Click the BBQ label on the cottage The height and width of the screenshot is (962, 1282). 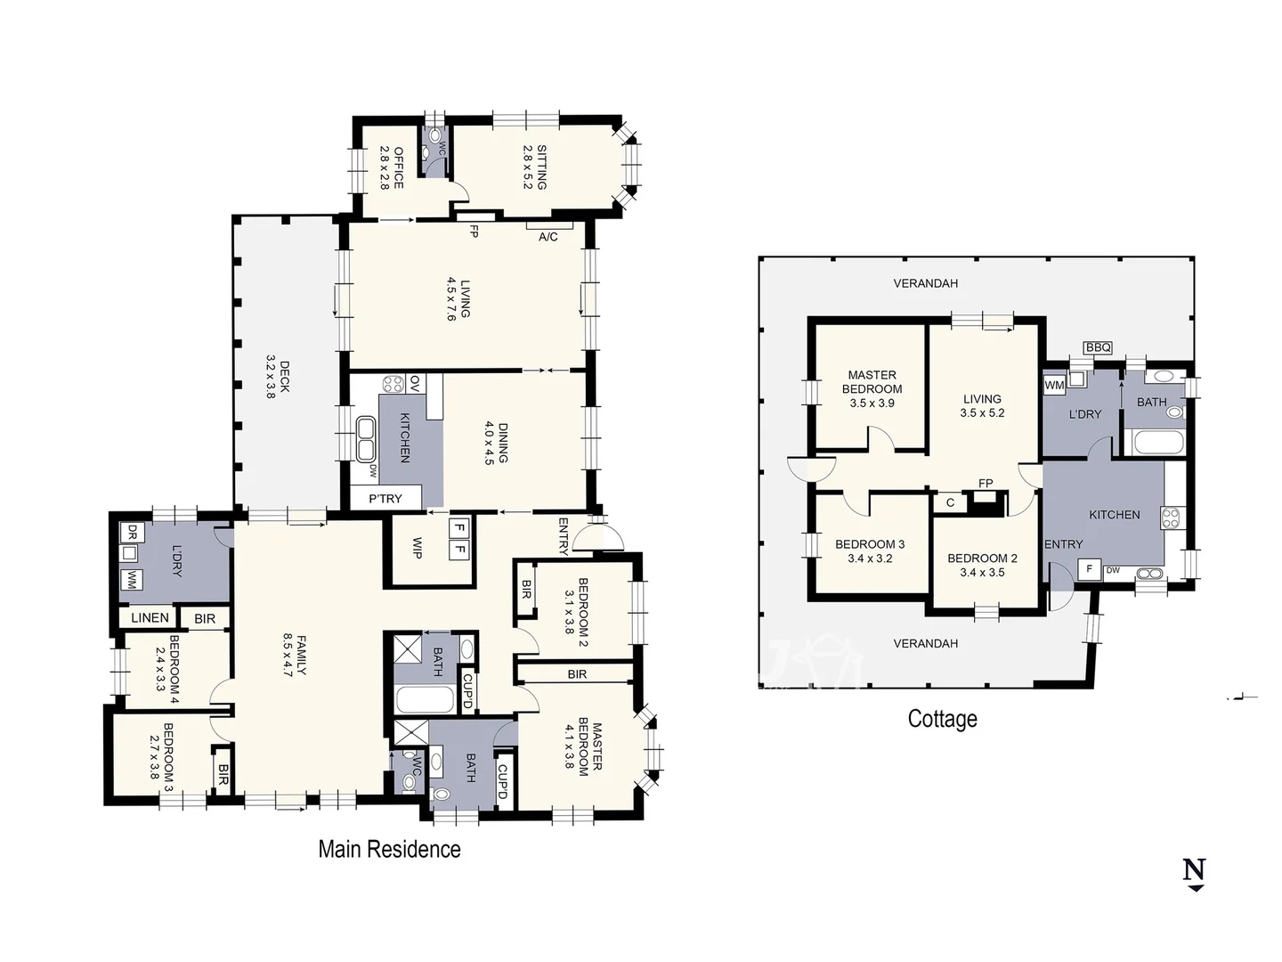[1098, 347]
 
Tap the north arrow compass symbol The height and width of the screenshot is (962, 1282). [1194, 872]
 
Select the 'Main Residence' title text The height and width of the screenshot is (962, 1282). [389, 849]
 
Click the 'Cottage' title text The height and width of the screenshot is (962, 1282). [942, 719]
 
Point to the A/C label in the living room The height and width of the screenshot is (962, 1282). [548, 237]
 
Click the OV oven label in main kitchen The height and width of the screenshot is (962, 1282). [415, 383]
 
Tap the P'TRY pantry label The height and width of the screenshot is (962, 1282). [385, 499]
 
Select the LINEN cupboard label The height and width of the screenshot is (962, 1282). [150, 617]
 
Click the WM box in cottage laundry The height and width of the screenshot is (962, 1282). [1054, 385]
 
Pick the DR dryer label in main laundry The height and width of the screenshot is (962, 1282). [131, 533]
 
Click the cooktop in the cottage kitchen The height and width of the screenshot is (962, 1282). [1171, 518]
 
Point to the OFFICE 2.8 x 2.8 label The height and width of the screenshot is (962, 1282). [392, 167]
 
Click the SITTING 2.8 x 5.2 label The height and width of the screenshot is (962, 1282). [534, 167]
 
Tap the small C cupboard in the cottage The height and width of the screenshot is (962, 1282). [950, 502]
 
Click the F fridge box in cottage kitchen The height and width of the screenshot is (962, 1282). [1089, 568]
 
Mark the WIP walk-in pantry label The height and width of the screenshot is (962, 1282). [417, 548]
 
